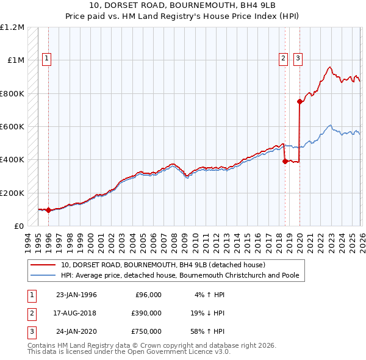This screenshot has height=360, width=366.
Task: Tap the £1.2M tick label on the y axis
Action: coord(12,27)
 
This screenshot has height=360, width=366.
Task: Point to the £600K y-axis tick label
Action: coord(12,127)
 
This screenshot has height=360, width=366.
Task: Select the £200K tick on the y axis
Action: coord(12,193)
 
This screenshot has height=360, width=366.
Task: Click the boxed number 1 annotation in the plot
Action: coord(47,59)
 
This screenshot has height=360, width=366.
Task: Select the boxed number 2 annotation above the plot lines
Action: coord(284,59)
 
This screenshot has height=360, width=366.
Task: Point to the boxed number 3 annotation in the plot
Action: coord(298,59)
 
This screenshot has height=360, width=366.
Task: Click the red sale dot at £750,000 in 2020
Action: coord(300,102)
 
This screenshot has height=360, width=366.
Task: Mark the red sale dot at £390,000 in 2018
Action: coord(285,162)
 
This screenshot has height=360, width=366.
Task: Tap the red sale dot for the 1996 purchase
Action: coord(48,210)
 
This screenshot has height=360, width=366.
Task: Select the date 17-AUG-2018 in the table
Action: coord(76,313)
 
